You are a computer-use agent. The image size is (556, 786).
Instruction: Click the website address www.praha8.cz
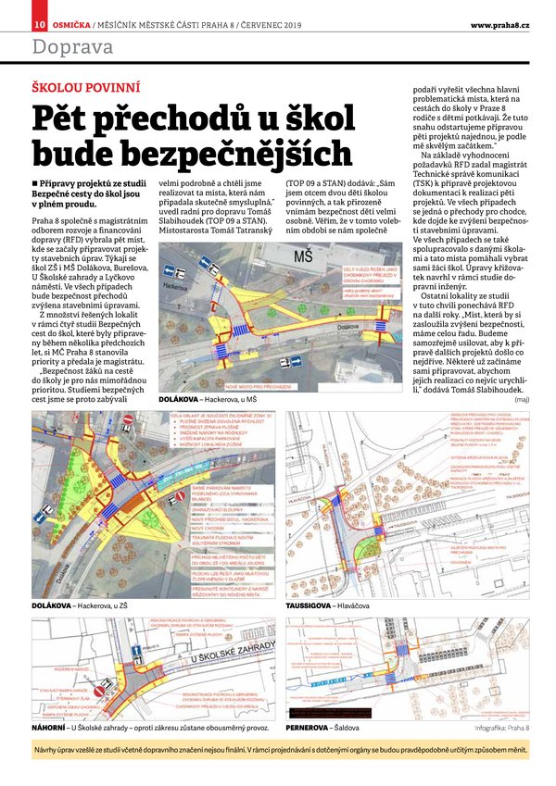click(x=499, y=23)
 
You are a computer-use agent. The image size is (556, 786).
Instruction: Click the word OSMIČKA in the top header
click(x=70, y=23)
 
